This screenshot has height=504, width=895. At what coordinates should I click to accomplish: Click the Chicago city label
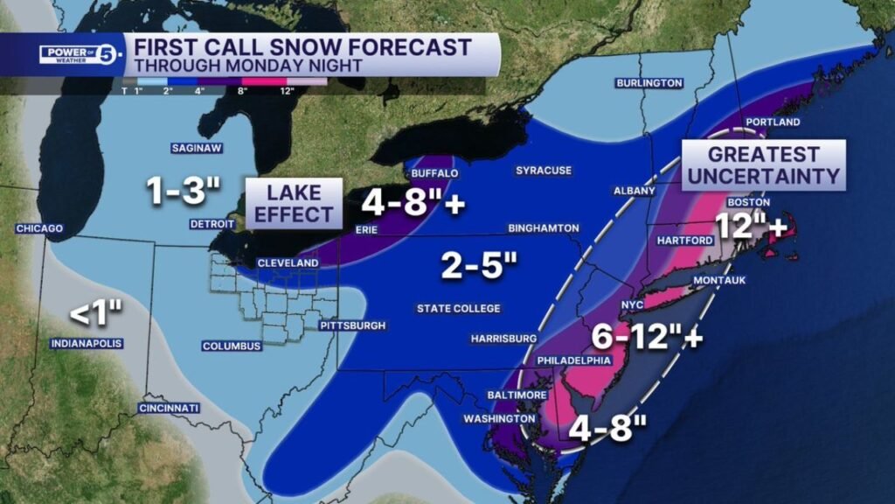tap(39, 228)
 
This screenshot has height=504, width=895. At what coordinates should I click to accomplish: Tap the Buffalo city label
tap(434, 173)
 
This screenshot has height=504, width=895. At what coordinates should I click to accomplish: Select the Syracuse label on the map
tap(543, 170)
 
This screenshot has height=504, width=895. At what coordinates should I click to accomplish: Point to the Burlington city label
tap(649, 83)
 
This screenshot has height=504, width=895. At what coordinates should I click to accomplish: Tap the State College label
tap(458, 308)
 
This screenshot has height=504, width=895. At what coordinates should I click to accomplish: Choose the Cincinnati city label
tap(169, 408)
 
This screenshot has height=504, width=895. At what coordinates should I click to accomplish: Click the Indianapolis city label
tap(86, 343)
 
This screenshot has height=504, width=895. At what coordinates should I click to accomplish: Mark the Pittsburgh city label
tap(352, 325)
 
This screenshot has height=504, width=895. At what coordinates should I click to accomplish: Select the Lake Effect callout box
tap(293, 203)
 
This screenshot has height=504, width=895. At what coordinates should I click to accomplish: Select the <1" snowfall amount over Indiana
tap(96, 311)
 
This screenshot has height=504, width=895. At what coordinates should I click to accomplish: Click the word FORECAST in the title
tap(399, 46)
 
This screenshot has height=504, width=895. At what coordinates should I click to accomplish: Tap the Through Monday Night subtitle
tap(234, 66)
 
